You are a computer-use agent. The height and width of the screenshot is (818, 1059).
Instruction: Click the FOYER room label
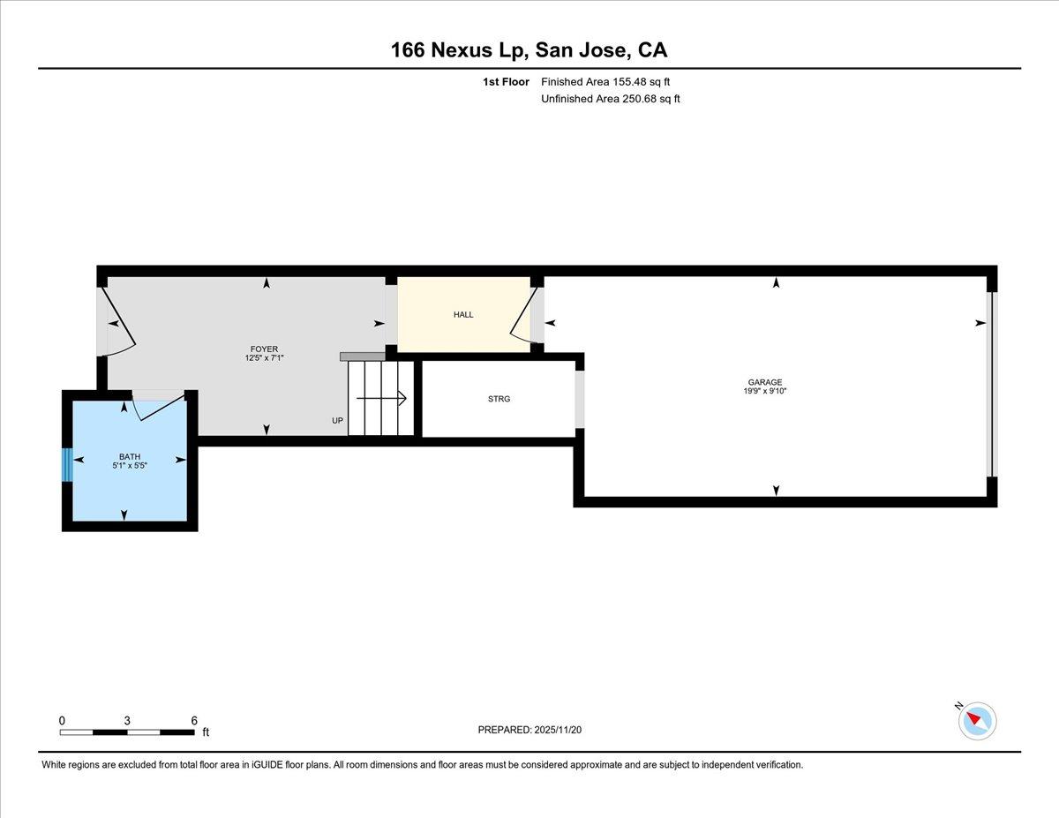pos(265,349)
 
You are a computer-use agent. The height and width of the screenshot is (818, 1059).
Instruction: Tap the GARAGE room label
pos(765,382)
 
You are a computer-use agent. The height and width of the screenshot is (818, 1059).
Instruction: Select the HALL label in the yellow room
pos(463,315)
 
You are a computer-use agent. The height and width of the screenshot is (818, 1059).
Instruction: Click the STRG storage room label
pos(499,399)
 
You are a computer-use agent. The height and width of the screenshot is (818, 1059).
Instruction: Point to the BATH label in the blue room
pos(124,456)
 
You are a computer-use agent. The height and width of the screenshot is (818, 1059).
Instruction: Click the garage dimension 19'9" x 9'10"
pos(765,391)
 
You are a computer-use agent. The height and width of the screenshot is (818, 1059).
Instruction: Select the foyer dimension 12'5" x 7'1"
pos(265,358)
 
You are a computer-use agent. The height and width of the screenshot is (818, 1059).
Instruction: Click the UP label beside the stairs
pos(337,421)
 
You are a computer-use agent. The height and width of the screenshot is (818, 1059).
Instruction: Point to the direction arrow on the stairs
pos(399,399)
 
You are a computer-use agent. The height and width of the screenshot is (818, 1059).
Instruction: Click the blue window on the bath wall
pos(67,464)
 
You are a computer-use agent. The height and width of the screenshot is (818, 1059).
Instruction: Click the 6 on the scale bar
pos(194,720)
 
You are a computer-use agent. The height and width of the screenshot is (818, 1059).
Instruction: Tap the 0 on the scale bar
pos(62,720)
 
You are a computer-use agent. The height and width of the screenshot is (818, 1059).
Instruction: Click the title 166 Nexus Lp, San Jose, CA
pos(529,50)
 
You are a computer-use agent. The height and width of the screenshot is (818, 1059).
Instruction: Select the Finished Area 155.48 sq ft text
pos(611,82)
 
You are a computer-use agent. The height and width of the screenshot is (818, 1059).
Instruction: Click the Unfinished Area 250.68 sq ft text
pos(610,99)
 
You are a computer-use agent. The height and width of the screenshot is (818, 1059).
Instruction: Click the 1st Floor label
pos(507,82)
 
